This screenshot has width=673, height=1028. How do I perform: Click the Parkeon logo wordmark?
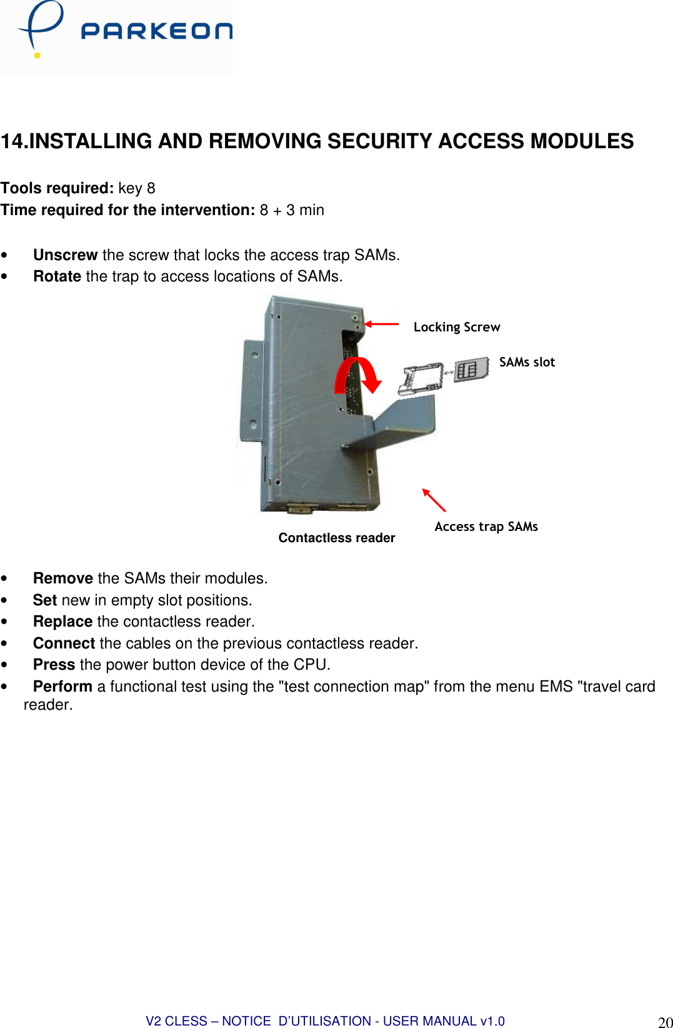(x=156, y=31)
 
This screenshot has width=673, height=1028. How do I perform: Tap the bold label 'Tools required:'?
(x=57, y=188)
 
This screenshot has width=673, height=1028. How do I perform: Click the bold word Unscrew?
(x=65, y=255)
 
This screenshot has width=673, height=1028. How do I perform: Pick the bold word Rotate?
(x=57, y=276)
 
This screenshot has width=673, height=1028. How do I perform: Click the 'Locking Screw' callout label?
(x=456, y=327)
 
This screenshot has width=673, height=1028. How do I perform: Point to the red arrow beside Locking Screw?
(x=381, y=324)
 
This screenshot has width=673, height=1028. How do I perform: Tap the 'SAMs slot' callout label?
(x=526, y=362)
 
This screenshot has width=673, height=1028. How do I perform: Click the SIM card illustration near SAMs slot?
(x=471, y=370)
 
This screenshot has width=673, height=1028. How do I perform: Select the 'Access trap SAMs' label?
(x=486, y=527)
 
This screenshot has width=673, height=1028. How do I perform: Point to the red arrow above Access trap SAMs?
(x=434, y=500)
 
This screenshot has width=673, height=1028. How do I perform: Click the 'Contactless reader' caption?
(x=336, y=538)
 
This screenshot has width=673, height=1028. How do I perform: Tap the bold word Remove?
(x=62, y=578)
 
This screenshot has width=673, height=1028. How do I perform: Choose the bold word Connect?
(x=64, y=643)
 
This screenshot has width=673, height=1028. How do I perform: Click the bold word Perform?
(x=62, y=687)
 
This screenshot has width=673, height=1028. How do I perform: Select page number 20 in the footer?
(x=665, y=1022)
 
